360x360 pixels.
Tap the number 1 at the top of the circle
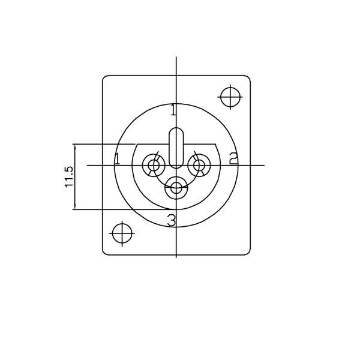(173, 110)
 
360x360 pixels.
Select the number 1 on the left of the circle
(118, 159)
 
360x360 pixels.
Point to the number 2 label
(233, 158)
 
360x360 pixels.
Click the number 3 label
(172, 221)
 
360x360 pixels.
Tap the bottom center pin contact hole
(176, 188)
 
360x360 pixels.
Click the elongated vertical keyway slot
(176, 148)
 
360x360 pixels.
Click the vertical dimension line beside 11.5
(74, 177)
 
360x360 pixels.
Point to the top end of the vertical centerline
(176, 58)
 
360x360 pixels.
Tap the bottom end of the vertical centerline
(176, 257)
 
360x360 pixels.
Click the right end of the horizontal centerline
(264, 164)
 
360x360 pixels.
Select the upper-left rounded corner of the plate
(105, 78)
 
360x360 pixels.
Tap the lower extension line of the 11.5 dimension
(120, 209)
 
